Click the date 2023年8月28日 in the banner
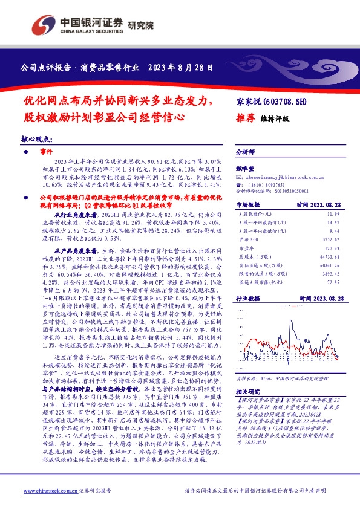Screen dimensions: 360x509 [x=180, y=66]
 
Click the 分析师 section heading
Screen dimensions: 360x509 [x=246, y=152]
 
